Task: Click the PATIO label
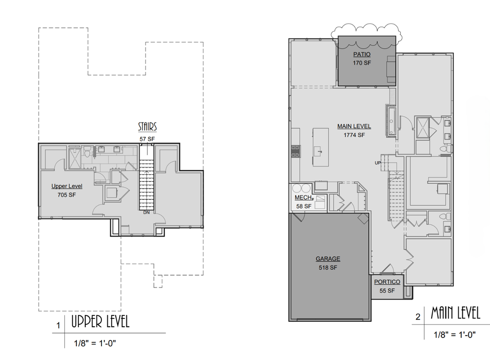(362, 54)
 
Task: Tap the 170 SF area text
(362, 63)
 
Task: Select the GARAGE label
(328, 259)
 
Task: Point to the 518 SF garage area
(328, 267)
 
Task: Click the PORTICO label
(387, 282)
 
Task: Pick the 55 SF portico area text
(387, 290)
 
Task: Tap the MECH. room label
(304, 197)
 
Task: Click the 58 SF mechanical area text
(304, 206)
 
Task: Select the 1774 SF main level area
(354, 135)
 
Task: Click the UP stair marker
(378, 163)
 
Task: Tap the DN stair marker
(147, 213)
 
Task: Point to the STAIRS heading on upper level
(147, 126)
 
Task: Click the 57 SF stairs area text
(147, 139)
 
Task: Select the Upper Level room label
(67, 186)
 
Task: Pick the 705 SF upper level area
(67, 194)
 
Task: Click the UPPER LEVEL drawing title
(100, 322)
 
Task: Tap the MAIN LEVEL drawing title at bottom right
(456, 313)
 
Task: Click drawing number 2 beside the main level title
(418, 317)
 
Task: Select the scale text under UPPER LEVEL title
(95, 343)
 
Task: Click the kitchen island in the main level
(320, 147)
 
